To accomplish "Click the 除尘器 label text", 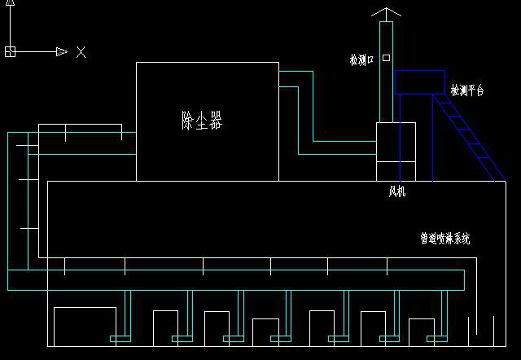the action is click(202, 120).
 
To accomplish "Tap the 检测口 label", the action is click(361, 59).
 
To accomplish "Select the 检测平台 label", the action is click(466, 90).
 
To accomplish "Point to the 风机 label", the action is click(397, 191).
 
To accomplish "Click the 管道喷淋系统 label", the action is click(445, 239).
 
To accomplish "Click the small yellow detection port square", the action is click(386, 58).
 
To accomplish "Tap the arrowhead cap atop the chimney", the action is click(386, 12).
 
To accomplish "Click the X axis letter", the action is click(81, 52).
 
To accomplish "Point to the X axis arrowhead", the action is click(62, 52).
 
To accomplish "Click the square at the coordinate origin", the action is click(10, 51).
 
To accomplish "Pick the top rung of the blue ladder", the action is click(449, 116).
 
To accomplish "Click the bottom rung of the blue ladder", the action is click(488, 157).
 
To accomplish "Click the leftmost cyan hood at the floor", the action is click(120, 339).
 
